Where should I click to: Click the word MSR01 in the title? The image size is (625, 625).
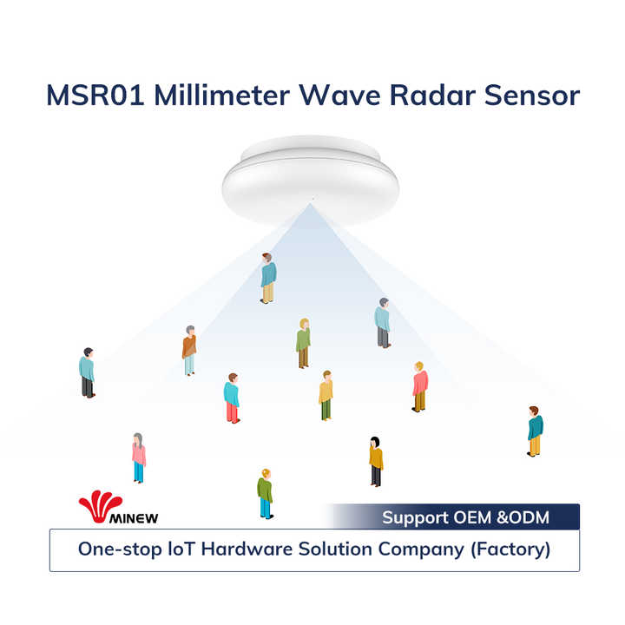[95, 95]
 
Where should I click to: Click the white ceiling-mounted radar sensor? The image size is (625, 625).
[310, 178]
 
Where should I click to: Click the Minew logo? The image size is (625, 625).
[117, 509]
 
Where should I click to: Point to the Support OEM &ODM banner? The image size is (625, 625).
[465, 517]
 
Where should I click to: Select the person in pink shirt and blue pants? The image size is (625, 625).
[138, 457]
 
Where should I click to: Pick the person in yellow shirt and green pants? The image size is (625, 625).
[326, 395]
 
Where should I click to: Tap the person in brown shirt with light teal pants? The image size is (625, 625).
[189, 350]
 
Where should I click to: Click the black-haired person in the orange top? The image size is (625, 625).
[375, 461]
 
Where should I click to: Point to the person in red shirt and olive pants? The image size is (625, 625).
[420, 386]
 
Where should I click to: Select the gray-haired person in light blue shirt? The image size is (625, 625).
[382, 323]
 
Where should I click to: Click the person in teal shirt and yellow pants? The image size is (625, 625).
[535, 431]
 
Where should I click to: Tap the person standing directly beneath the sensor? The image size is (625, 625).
[268, 278]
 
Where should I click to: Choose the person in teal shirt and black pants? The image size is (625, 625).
[87, 372]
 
